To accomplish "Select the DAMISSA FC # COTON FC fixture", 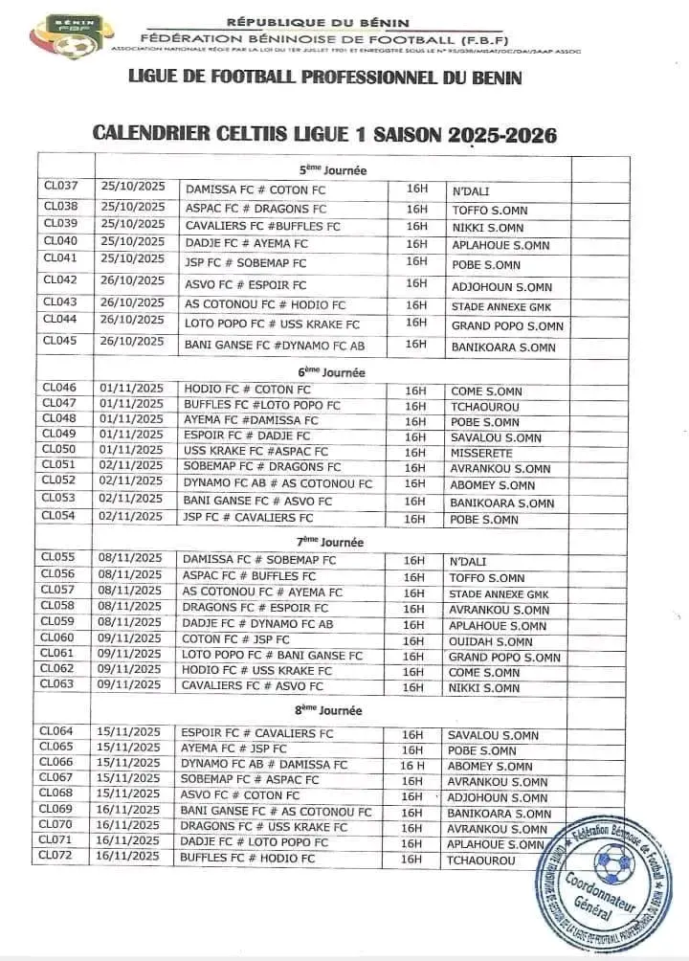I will (x=255, y=190).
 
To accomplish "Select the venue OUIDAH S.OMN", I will (x=491, y=641).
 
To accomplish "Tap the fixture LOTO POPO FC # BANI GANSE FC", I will (x=272, y=657).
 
